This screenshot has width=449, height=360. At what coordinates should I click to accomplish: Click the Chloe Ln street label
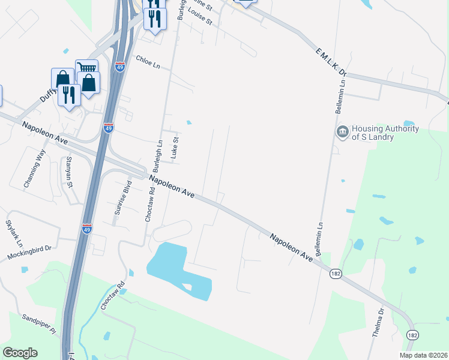pos(148,61)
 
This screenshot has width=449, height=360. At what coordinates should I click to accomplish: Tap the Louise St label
pos(200,16)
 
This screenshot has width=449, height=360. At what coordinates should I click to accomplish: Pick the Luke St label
pos(175,147)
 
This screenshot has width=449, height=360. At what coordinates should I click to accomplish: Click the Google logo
pos(20,353)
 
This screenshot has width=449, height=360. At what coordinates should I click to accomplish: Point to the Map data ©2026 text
pos(423,355)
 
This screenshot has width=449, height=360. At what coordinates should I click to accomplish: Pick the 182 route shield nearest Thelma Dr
pos(412,334)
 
